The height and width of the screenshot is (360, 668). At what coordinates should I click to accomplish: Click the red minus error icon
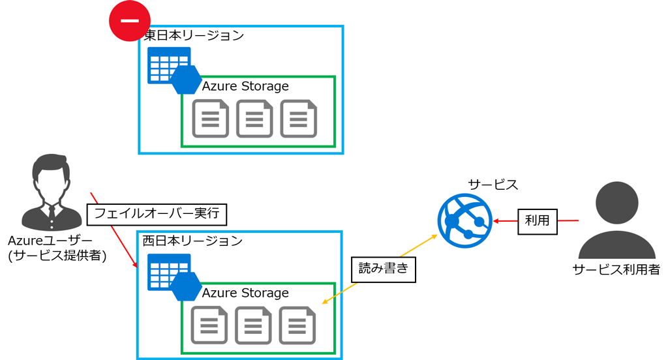(129, 21)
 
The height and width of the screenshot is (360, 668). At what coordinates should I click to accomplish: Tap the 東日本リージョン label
(194, 35)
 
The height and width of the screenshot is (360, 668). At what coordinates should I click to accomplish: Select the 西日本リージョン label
(192, 241)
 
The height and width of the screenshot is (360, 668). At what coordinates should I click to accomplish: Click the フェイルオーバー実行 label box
(159, 213)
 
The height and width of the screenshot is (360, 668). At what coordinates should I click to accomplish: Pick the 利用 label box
(538, 221)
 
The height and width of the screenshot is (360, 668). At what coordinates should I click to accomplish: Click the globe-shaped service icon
(464, 221)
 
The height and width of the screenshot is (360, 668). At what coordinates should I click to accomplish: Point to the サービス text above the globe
(493, 185)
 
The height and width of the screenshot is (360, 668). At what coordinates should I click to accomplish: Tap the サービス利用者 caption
(616, 269)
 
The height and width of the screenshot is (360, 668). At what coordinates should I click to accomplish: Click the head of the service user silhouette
(617, 203)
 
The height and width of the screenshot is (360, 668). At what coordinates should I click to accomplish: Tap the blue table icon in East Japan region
(166, 65)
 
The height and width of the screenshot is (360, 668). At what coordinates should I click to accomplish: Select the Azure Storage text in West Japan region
(245, 293)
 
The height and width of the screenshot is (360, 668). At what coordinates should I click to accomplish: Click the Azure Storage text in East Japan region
(245, 86)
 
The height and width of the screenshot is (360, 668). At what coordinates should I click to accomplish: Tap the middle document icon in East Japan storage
(254, 119)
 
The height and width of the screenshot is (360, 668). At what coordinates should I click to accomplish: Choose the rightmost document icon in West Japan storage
(297, 325)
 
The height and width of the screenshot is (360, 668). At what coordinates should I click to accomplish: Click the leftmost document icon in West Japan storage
(209, 325)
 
